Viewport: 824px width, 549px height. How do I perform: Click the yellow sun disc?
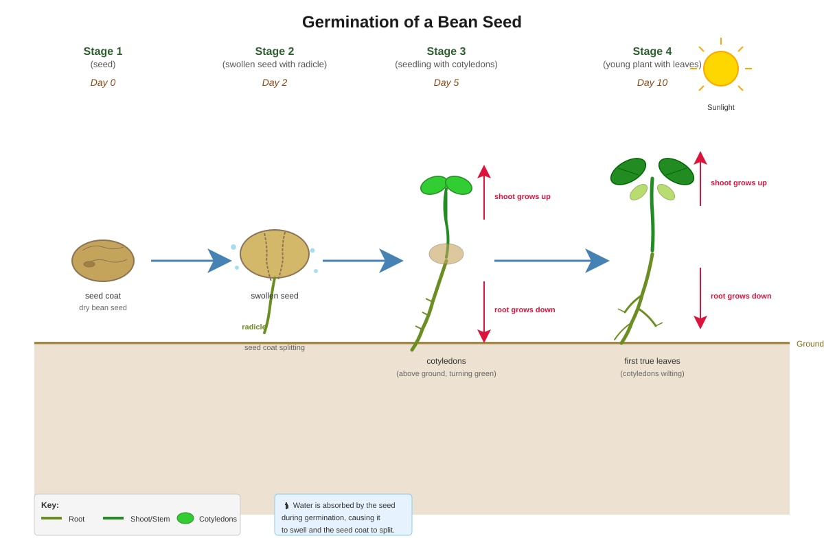pos(720,69)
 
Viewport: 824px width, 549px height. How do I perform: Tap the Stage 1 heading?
pos(102,51)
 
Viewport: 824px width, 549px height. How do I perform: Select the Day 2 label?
pos(275,82)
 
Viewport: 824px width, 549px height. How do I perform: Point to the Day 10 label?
pos(652,82)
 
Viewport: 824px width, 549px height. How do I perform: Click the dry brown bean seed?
pos(102,261)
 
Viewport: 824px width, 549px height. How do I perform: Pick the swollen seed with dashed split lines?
pos(275,254)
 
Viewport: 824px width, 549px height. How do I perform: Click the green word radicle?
pos(254,327)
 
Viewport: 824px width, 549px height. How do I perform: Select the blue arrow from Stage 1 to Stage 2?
pos(192,261)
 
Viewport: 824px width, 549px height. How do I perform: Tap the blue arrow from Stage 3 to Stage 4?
pos(552,261)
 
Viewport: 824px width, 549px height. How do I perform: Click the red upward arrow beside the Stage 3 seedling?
pos(483,192)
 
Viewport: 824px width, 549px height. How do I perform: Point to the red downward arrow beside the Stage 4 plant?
pos(700,299)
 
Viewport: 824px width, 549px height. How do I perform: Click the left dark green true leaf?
pos(628,172)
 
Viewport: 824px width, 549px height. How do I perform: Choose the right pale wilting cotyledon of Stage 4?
pos(666,192)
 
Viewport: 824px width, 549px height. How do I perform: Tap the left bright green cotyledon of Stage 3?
pos(433,185)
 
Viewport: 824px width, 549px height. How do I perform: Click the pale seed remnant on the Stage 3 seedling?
pos(446,254)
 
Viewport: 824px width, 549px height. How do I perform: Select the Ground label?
pos(810,344)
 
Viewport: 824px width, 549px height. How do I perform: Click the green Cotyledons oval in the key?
pos(185,518)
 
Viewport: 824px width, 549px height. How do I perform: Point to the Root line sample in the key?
pos(51,518)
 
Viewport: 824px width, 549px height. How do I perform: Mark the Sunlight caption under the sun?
pos(720,107)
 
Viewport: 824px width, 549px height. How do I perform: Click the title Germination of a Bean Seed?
pos(411,22)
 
